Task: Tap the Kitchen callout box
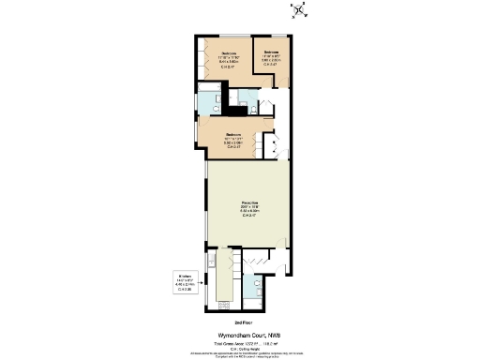[187, 282]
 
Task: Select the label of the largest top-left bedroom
[229, 59]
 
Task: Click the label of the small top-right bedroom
[272, 57]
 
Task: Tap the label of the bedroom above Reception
[233, 141]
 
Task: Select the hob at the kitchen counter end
[224, 302]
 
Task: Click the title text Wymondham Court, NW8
[243, 335]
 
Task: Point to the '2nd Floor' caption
[243, 322]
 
